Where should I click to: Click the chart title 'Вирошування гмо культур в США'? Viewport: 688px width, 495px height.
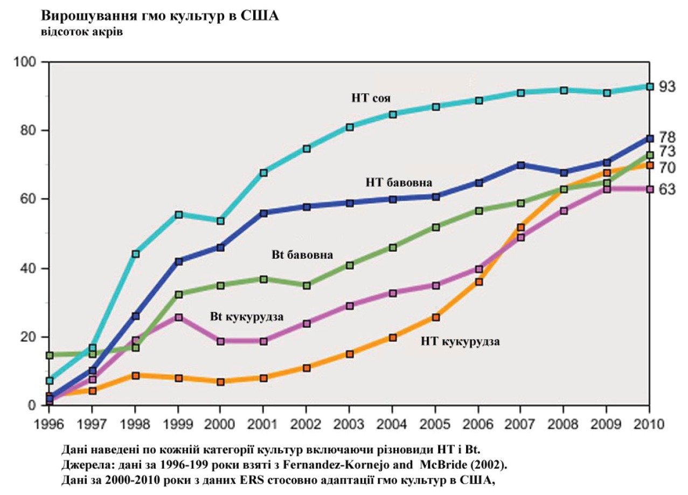(159, 16)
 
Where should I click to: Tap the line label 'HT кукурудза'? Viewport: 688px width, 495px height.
(461, 341)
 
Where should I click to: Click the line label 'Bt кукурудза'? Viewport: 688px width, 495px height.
(247, 317)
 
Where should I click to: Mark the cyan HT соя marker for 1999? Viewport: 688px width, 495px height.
(178, 215)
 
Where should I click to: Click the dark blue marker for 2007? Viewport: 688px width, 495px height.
(521, 165)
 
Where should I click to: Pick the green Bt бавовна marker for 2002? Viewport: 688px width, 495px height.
(307, 285)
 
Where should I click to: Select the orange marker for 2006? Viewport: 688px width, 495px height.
(478, 282)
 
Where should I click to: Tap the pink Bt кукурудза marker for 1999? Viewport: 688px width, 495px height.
(178, 318)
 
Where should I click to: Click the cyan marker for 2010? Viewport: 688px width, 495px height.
(650, 87)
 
